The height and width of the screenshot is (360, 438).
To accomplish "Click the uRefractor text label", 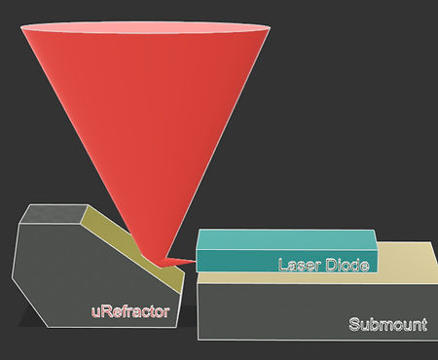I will click(x=130, y=312).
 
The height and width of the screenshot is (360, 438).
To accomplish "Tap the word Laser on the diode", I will click(x=298, y=265).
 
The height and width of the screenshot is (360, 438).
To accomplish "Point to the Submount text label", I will click(x=387, y=325).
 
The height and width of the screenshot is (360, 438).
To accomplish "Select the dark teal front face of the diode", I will click(x=234, y=262).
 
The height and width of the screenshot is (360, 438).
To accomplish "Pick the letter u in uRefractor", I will click(x=95, y=313).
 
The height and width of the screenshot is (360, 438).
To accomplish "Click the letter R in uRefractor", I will click(x=105, y=312).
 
